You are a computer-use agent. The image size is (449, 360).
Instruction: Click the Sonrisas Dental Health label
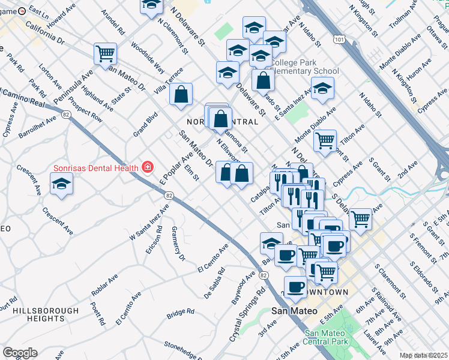click(x=95, y=168)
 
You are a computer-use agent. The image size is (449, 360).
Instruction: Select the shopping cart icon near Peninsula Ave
click(x=105, y=53)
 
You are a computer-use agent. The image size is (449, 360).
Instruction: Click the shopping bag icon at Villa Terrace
click(x=181, y=94)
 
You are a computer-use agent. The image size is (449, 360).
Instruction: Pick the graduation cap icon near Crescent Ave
click(x=61, y=184)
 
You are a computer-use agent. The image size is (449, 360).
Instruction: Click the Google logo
click(x=20, y=353)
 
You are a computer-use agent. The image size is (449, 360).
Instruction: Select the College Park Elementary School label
click(x=305, y=67)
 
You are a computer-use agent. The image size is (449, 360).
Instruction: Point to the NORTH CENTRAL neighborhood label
click(x=223, y=122)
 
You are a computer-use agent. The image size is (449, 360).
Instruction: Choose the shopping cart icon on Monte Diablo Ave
click(x=325, y=140)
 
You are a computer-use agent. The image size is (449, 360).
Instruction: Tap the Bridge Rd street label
click(x=181, y=312)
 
